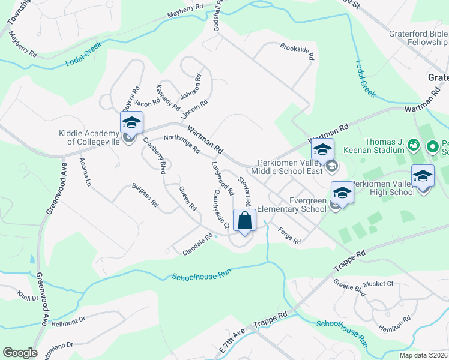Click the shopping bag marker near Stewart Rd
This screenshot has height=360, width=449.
(245, 221)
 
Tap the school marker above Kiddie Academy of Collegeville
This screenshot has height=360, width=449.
(131, 123)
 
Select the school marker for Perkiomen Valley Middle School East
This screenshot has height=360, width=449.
(322, 150)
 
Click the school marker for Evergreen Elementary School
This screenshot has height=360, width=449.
(342, 193)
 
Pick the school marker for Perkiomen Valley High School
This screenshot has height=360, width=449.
(423, 176)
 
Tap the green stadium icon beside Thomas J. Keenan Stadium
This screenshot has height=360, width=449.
(413, 145)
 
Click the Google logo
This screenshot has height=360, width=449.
(20, 353)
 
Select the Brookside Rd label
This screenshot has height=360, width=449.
(297, 52)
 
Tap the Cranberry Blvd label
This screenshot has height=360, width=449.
(154, 155)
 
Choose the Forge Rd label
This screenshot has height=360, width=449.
(289, 235)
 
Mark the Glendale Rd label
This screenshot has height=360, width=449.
(197, 245)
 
